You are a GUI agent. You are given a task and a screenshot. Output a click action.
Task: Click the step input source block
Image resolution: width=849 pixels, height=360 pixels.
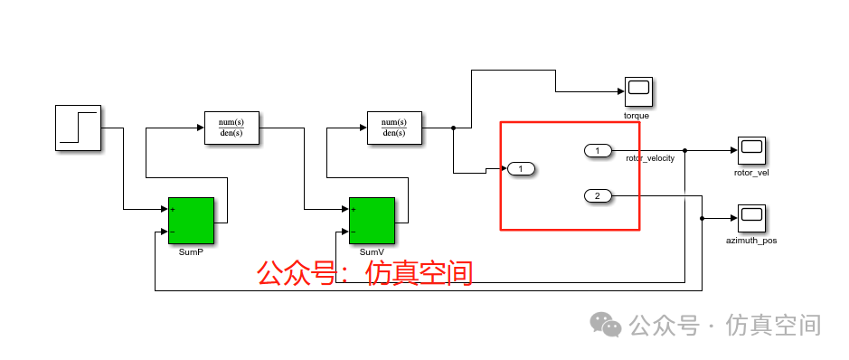[x=78, y=127]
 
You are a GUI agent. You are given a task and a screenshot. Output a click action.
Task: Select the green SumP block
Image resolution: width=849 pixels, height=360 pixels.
[x=191, y=220]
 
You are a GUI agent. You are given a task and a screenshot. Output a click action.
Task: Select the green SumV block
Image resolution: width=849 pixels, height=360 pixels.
[x=372, y=220]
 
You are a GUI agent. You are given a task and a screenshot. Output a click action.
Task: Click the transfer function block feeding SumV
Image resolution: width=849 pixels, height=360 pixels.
[x=231, y=128]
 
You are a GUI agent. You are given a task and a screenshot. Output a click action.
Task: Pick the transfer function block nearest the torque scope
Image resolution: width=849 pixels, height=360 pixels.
[x=394, y=128]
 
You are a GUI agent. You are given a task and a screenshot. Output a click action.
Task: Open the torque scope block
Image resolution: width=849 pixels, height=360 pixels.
[x=638, y=91]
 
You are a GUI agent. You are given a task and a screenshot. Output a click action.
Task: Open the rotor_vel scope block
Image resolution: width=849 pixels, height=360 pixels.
[x=751, y=149]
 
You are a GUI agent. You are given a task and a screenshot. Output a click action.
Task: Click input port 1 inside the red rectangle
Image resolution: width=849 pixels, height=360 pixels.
[x=522, y=168]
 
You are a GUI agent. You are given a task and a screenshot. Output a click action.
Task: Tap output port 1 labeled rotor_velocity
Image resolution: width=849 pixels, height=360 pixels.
[x=599, y=149]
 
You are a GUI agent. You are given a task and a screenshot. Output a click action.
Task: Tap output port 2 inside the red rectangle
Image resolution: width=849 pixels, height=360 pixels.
[x=599, y=195]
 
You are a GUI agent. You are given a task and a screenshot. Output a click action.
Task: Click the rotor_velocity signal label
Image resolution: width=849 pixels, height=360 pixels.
[x=651, y=158]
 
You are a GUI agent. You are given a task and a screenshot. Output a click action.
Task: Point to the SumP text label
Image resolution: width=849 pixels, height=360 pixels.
[x=191, y=251]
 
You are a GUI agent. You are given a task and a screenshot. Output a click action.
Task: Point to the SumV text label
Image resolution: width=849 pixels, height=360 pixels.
[x=372, y=251]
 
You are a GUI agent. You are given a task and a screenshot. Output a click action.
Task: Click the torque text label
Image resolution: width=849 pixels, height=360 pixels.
[x=637, y=116]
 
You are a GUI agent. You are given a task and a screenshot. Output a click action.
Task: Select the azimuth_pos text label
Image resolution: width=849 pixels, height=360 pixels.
[x=751, y=241]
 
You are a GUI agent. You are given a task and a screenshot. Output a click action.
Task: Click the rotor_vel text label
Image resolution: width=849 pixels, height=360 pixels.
[x=751, y=173]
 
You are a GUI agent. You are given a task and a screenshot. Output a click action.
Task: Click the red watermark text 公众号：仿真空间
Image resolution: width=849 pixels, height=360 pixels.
[x=364, y=272]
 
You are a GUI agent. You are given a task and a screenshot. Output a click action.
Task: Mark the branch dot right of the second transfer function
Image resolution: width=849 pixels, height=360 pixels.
[x=453, y=128]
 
